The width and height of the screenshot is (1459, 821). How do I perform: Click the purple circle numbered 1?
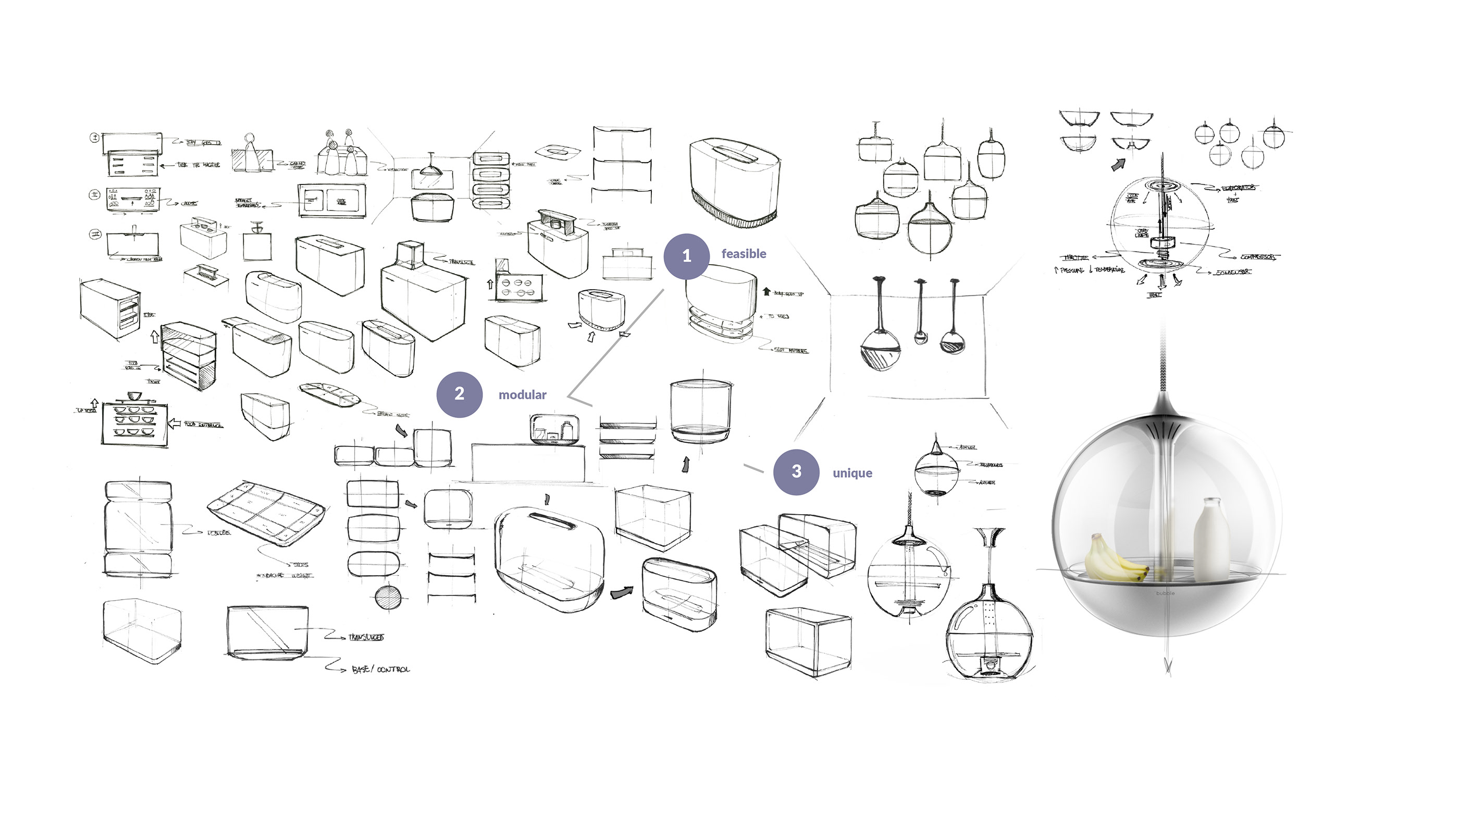click(x=686, y=256)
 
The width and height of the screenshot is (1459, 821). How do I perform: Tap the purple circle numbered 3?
click(x=796, y=471)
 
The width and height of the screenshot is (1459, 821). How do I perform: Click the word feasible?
click(x=743, y=254)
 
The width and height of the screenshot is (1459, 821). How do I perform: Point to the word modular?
click(x=522, y=395)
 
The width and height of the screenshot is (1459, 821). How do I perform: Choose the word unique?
click(x=852, y=474)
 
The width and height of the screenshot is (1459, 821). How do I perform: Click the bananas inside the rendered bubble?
click(x=1113, y=561)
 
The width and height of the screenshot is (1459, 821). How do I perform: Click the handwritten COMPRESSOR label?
click(x=1258, y=257)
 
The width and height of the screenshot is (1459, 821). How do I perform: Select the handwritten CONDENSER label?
click(x=1232, y=272)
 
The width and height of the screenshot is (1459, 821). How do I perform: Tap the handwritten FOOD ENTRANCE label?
click(x=203, y=424)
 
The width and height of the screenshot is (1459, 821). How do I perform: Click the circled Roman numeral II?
click(x=94, y=195)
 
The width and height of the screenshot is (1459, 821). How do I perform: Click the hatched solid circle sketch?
click(x=388, y=598)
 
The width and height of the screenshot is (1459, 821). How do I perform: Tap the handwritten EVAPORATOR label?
click(x=1238, y=188)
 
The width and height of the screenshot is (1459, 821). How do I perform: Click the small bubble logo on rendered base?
click(x=1165, y=593)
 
